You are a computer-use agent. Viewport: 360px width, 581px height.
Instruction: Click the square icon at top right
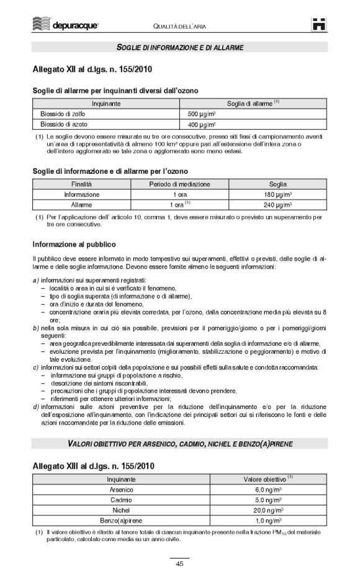319,24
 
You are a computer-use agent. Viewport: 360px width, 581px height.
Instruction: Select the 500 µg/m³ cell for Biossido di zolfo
202,114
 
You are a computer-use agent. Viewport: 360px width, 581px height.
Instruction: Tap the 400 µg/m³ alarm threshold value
202,125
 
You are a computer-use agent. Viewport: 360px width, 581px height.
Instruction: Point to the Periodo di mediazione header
179,184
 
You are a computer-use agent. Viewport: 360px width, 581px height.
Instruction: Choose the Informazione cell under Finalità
81,194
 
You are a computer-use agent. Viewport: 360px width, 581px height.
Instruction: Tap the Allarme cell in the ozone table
81,204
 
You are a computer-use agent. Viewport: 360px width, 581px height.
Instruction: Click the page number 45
179,564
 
